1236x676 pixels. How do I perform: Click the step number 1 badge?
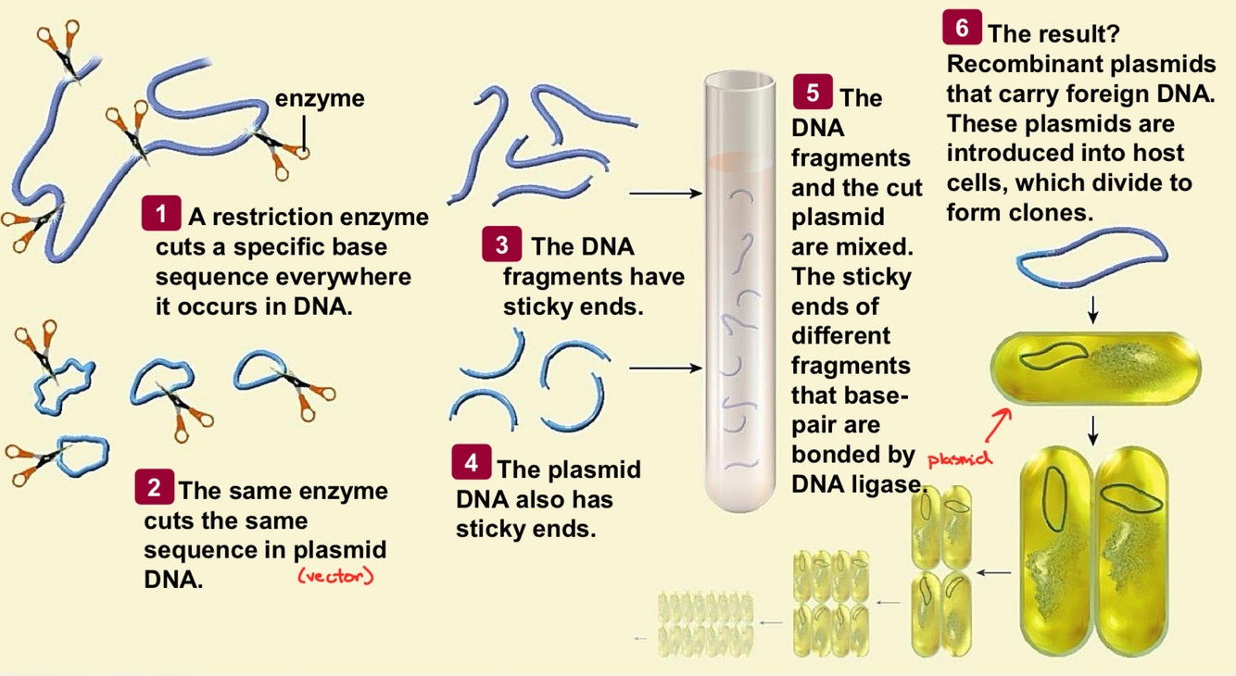pyautogui.click(x=161, y=215)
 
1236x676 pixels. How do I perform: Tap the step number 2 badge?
pyautogui.click(x=154, y=488)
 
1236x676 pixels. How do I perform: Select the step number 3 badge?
pyautogui.click(x=501, y=245)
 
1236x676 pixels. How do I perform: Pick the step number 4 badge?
pyautogui.click(x=471, y=462)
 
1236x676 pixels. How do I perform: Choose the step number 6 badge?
pyautogui.click(x=962, y=29)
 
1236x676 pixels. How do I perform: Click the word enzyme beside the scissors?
pyautogui.click(x=320, y=98)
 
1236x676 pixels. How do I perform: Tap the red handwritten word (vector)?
pyautogui.click(x=334, y=576)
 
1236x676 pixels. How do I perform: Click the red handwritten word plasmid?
pyautogui.click(x=959, y=458)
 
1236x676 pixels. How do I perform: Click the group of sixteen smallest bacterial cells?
pyautogui.click(x=704, y=620)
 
